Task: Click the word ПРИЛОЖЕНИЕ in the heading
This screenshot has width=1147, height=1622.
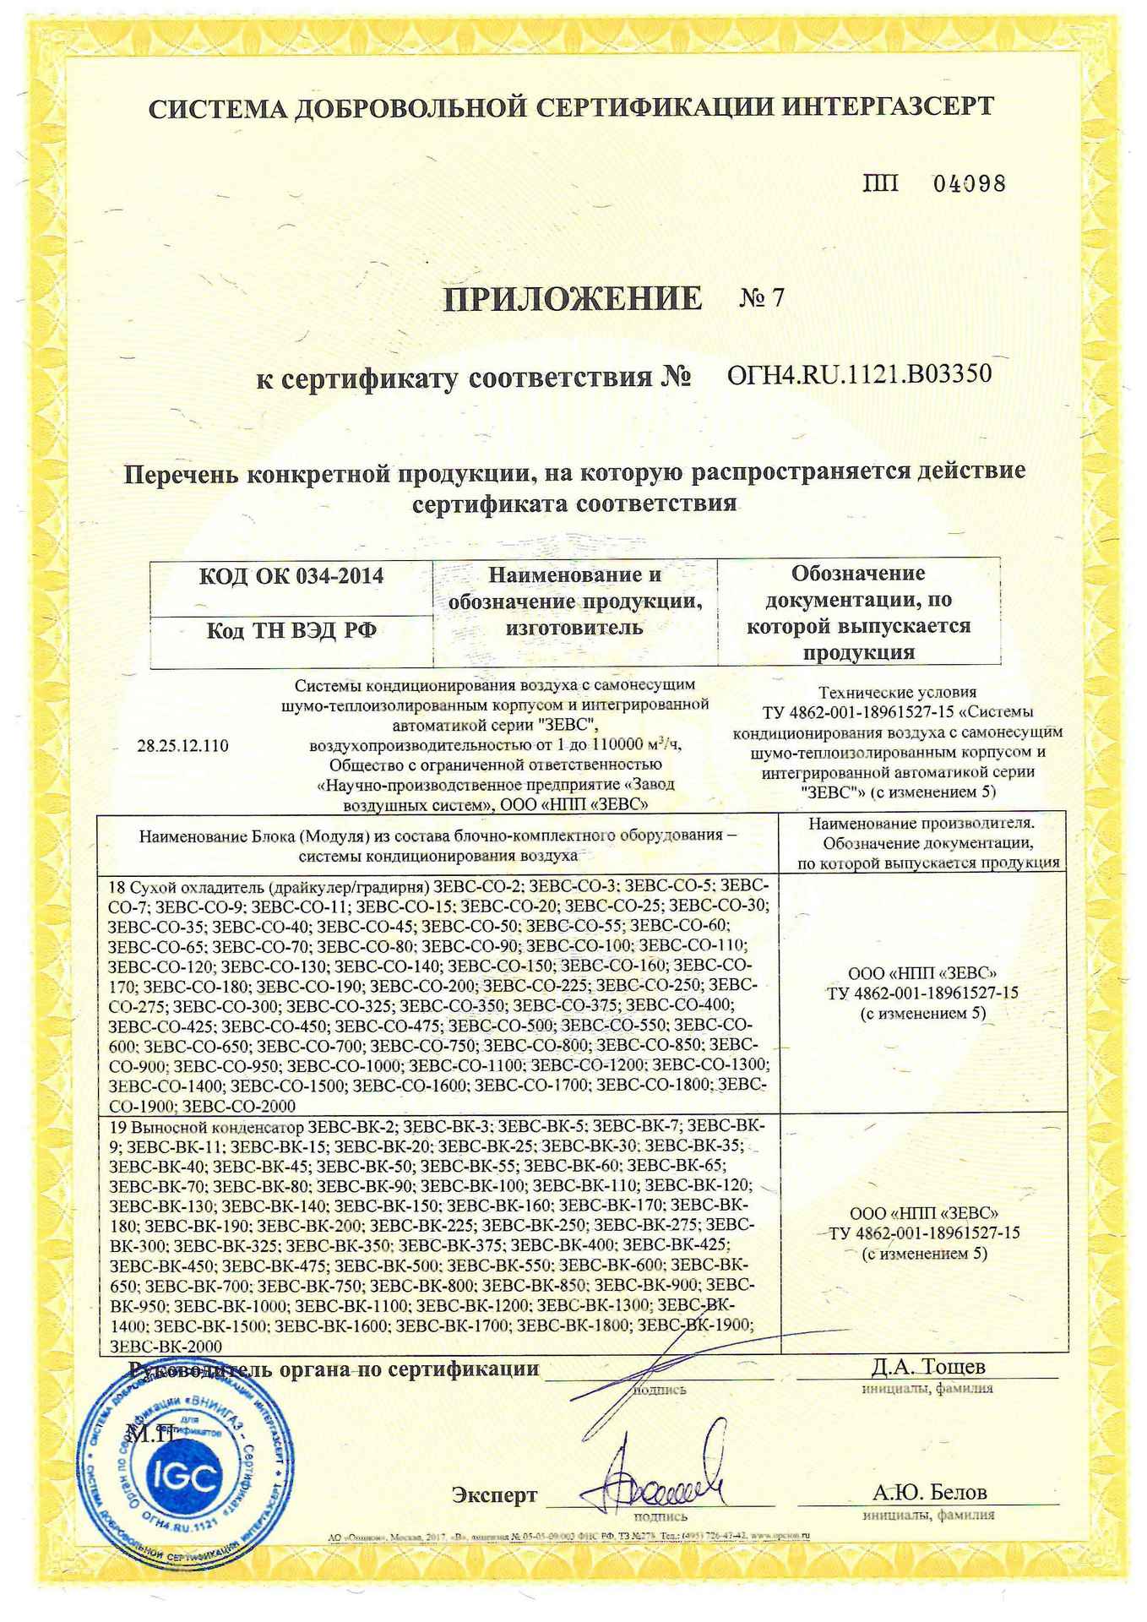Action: coord(573,298)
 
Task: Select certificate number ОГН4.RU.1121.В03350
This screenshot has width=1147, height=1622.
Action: coord(859,373)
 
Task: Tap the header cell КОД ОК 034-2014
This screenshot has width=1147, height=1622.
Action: coord(291,576)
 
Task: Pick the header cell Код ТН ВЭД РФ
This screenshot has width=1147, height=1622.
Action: coord(291,631)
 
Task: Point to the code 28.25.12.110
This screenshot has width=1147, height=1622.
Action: coord(182,746)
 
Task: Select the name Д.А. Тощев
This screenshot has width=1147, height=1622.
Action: coord(927,1366)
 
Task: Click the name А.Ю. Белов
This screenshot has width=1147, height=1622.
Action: coord(929,1492)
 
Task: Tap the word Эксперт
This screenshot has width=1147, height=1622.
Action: coord(494,1494)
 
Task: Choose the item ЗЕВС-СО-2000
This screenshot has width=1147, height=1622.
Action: coord(238,1106)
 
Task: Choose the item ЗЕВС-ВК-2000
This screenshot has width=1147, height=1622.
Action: coord(166,1346)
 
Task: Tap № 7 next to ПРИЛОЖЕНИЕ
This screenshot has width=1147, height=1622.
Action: coord(761,298)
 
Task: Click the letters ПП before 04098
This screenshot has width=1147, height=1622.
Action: coord(880,183)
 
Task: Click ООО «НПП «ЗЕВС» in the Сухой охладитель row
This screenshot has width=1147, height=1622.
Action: coord(927,972)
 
